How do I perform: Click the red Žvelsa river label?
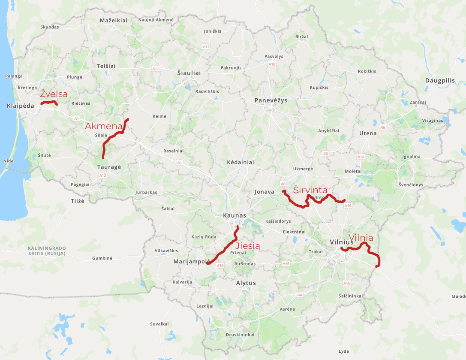click(x=54, y=94)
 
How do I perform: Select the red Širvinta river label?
click(x=310, y=190)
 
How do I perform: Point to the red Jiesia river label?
click(x=248, y=246)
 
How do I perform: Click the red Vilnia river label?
click(x=361, y=238)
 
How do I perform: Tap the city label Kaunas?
click(x=235, y=215)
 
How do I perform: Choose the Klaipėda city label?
click(x=20, y=106)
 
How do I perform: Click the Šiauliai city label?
click(x=189, y=73)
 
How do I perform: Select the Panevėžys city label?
click(x=271, y=100)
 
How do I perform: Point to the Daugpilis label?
click(x=440, y=81)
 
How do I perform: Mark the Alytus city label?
click(x=246, y=283)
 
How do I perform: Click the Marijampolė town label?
click(x=192, y=261)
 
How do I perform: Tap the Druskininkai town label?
click(x=240, y=335)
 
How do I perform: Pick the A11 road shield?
click(x=155, y=69)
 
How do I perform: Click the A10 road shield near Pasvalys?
click(x=272, y=64)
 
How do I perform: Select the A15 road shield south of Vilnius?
click(x=347, y=283)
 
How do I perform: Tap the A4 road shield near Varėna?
click(x=300, y=295)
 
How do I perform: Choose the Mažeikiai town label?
click(x=114, y=21)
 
